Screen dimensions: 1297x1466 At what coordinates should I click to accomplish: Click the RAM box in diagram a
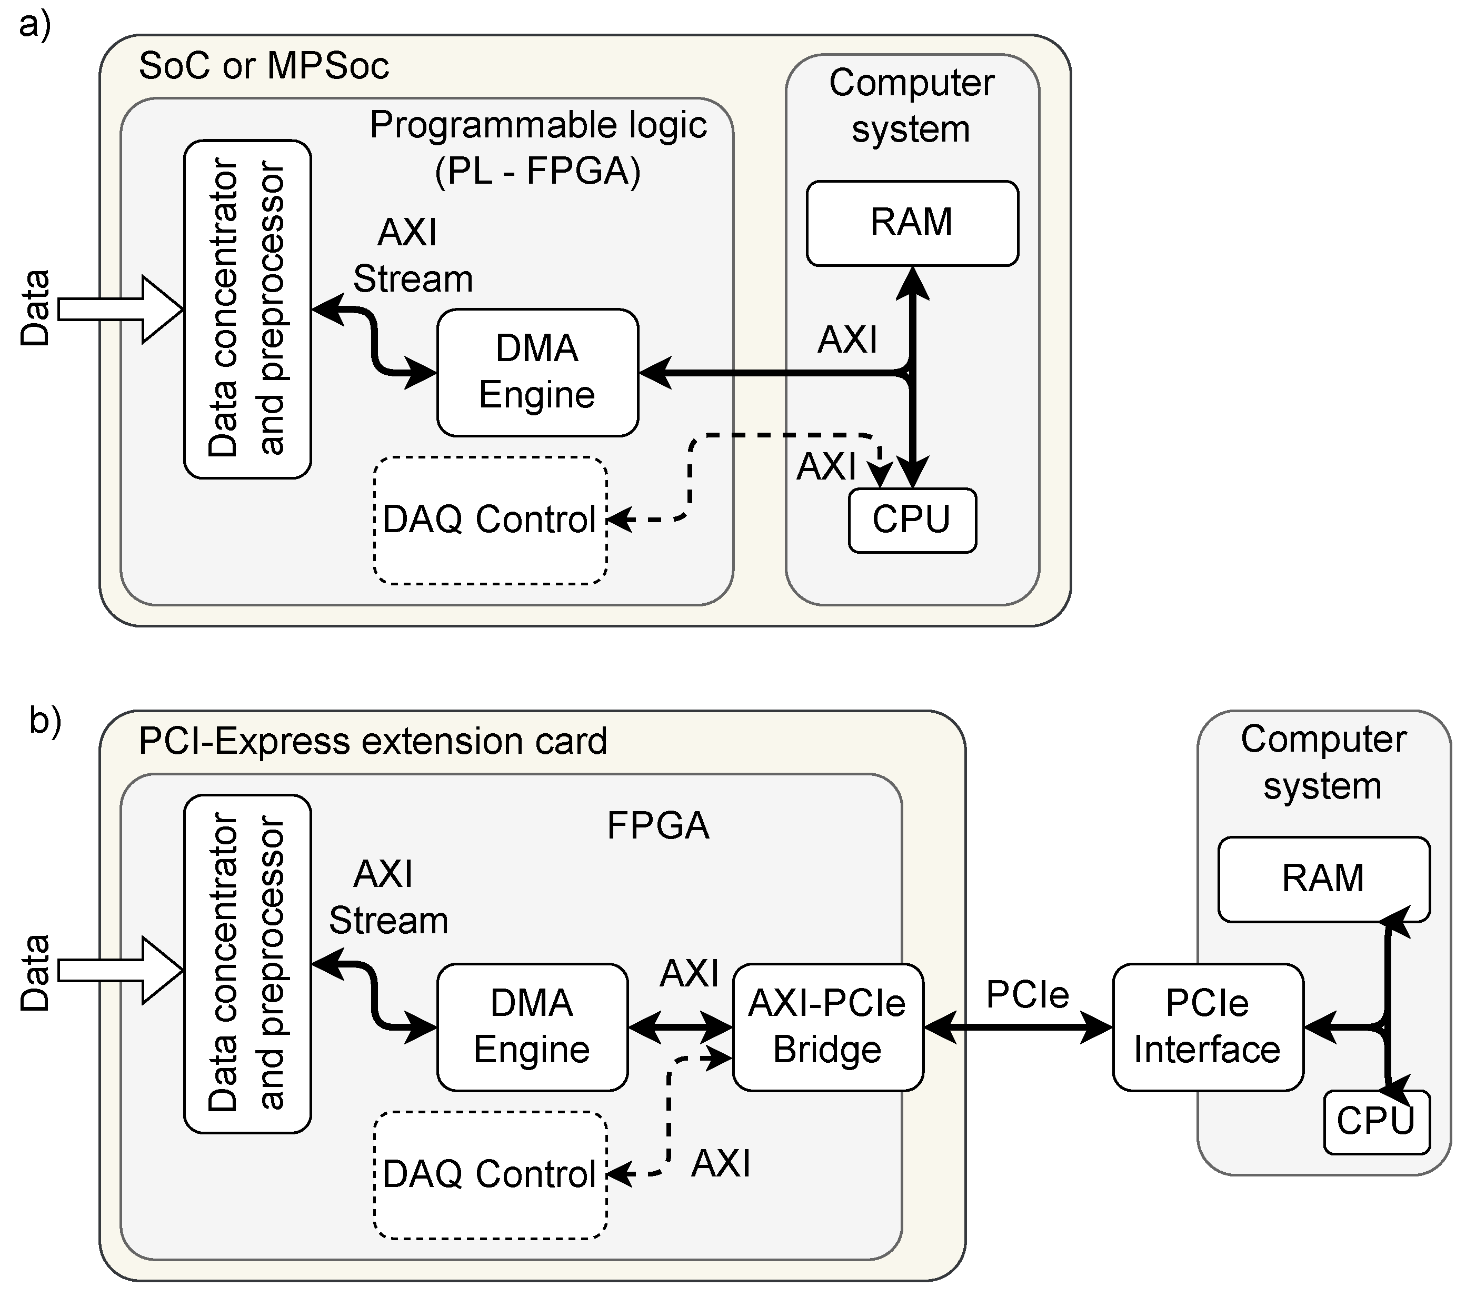click(912, 223)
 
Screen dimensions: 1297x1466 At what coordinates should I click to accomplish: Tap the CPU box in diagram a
click(912, 520)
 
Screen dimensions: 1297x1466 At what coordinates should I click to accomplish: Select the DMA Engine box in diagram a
click(537, 372)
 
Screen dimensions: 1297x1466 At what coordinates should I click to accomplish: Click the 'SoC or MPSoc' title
click(263, 66)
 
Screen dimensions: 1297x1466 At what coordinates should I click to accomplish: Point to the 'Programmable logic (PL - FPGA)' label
click(538, 148)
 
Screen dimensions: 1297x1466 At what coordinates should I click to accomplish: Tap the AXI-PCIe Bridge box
click(827, 1026)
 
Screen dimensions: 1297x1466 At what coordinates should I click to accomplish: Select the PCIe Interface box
click(1207, 1026)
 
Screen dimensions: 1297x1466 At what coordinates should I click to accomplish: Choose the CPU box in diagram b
click(1375, 1121)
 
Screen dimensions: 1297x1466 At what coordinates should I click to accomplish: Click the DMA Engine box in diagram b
click(532, 1026)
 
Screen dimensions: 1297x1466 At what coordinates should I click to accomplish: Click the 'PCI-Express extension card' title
click(372, 741)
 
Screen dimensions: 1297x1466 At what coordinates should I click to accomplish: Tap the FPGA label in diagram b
click(657, 826)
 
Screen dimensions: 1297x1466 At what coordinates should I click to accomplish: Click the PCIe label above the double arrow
click(1027, 995)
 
